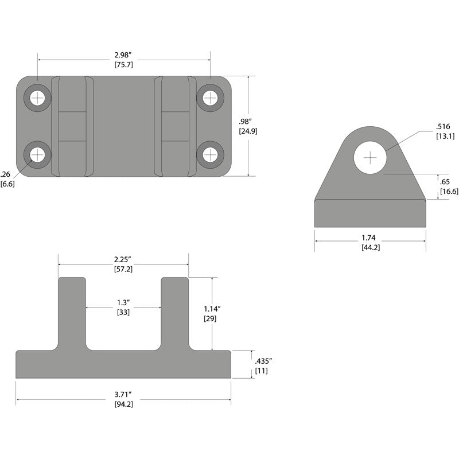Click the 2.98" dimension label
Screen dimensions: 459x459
click(x=123, y=55)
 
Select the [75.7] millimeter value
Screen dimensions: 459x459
click(x=123, y=65)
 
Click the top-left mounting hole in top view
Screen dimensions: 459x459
click(x=37, y=98)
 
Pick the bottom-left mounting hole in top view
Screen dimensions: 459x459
click(x=37, y=154)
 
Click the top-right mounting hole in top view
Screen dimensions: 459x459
click(x=210, y=98)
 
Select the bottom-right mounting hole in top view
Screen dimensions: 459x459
click(x=210, y=154)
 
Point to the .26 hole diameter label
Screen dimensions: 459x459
click(x=6, y=174)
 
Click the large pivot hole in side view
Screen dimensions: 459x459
click(x=371, y=157)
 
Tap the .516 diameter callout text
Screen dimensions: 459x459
click(x=443, y=126)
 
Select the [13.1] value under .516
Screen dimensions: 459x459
click(x=445, y=136)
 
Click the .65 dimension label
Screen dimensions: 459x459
click(x=445, y=182)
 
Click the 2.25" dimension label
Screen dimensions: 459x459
click(x=123, y=259)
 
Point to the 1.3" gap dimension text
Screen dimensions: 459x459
click(x=123, y=302)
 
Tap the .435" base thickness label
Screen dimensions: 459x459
click(x=262, y=361)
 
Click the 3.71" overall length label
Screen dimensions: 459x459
click(x=123, y=394)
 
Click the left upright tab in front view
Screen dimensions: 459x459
click(x=72, y=313)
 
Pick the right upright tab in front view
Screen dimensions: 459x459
click(x=175, y=313)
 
